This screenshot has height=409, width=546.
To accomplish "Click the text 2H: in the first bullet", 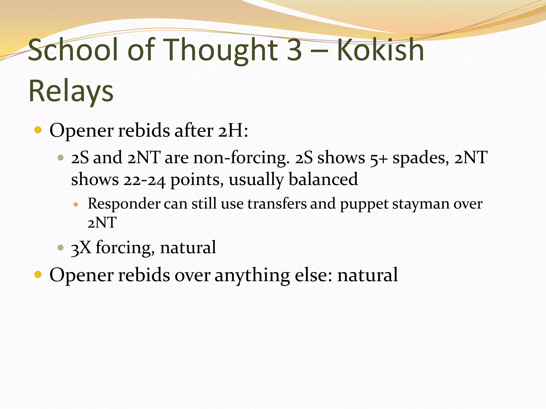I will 233,131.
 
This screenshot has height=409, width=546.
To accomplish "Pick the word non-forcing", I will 241,158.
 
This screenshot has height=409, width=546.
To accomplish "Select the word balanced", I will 323,179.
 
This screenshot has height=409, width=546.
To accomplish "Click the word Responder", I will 124,204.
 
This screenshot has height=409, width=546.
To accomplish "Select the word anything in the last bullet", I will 252,275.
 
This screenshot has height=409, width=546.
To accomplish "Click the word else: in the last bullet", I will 314,275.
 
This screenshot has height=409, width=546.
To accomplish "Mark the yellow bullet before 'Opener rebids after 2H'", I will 38,130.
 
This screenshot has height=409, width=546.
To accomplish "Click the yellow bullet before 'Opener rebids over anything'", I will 38,275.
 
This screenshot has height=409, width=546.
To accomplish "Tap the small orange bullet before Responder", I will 76,205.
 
